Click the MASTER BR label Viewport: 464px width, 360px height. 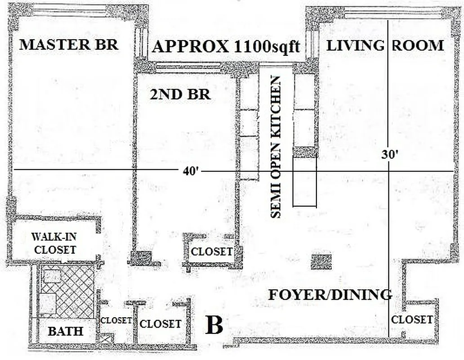[x=68, y=45]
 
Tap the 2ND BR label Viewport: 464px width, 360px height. [x=180, y=94]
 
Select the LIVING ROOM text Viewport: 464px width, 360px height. [x=385, y=45]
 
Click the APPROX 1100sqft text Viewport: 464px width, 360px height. [x=226, y=47]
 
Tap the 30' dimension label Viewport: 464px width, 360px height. [x=389, y=154]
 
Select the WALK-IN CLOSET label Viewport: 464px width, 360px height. [x=54, y=243]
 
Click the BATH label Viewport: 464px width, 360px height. [x=66, y=332]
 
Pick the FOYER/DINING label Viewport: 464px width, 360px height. [x=330, y=295]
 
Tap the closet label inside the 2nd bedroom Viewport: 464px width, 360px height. [x=212, y=252]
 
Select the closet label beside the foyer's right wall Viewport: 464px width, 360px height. [x=412, y=319]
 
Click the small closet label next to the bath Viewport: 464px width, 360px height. [x=116, y=320]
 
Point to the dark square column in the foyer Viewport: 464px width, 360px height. [x=321, y=262]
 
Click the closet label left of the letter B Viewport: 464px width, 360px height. [x=161, y=324]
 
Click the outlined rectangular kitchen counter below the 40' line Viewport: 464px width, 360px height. [x=305, y=182]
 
